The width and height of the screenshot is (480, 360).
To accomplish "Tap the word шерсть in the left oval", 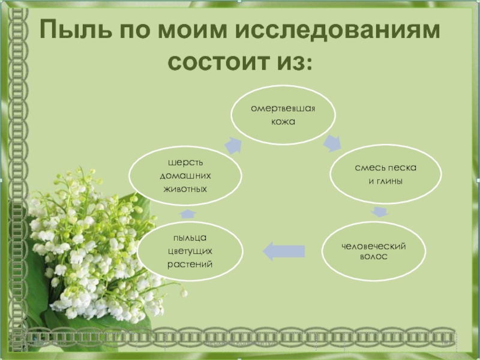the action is [x=185, y=163].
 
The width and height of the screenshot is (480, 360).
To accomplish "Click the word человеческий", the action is [x=374, y=247].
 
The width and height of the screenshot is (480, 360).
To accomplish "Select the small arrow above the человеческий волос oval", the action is [x=379, y=212].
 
